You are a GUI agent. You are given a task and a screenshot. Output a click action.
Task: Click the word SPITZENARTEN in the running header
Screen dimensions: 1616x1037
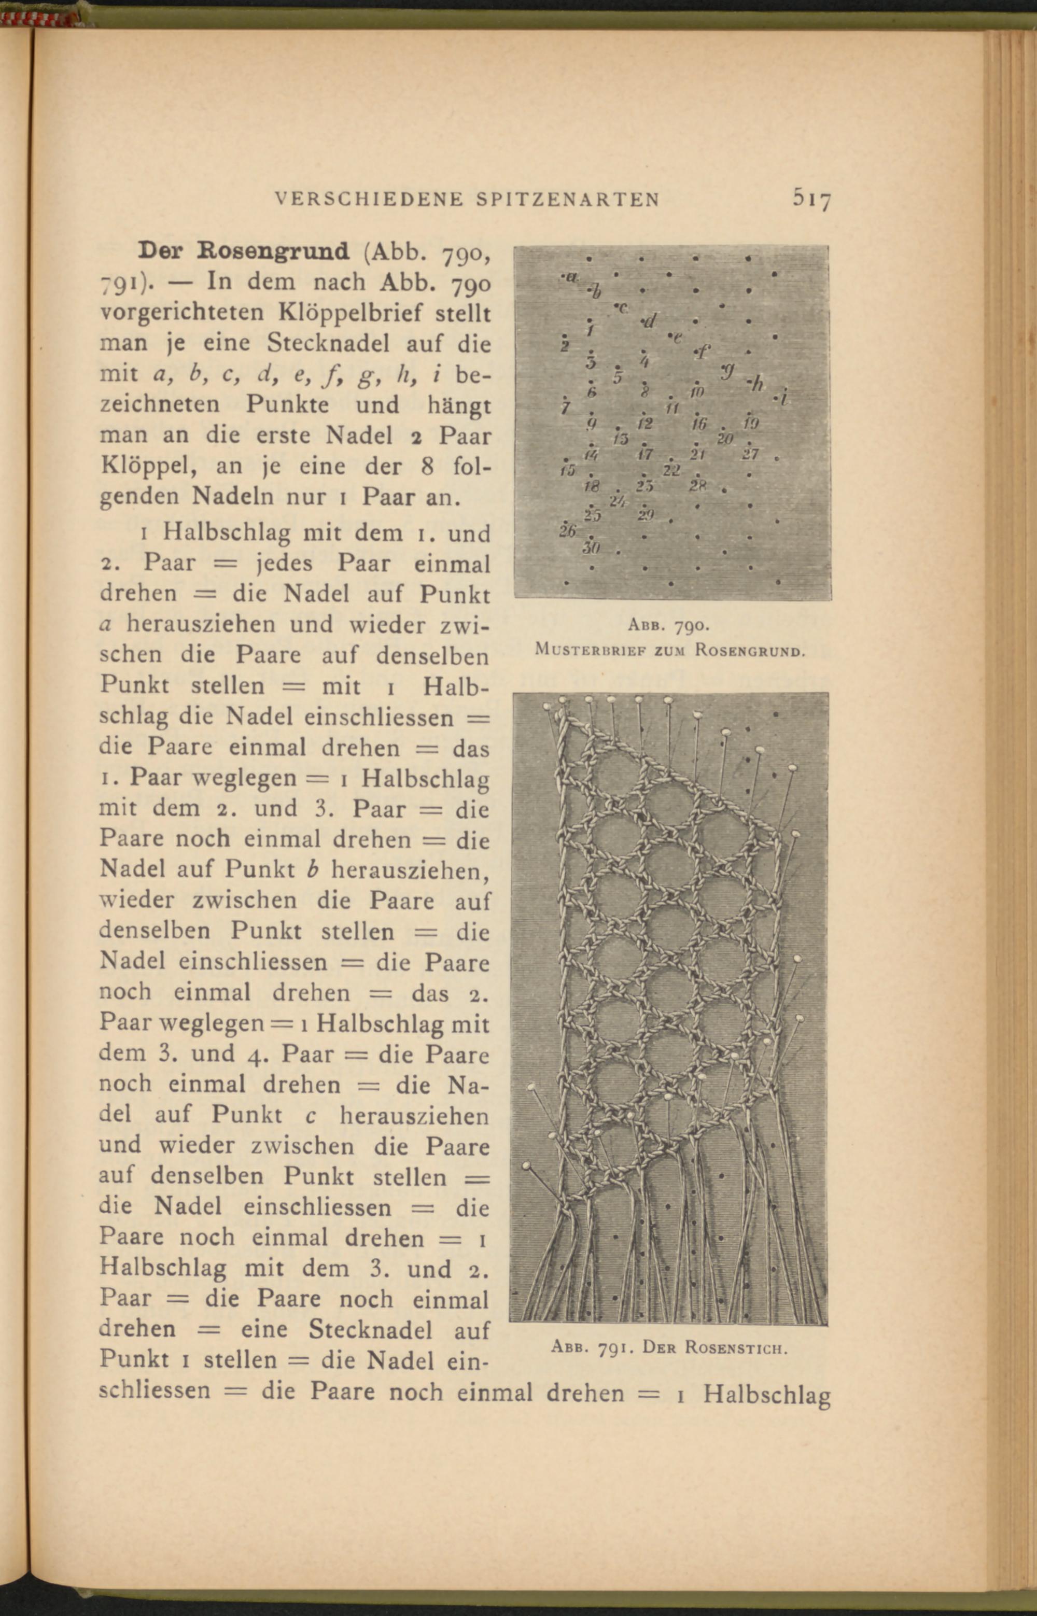coord(568,199)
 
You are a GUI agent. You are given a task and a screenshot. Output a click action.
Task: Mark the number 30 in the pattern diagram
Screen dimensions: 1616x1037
coord(591,548)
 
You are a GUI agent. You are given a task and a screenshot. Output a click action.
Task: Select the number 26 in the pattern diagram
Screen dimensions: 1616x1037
coord(567,530)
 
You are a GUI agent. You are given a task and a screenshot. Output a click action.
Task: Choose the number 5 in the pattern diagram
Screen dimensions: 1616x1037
coord(617,376)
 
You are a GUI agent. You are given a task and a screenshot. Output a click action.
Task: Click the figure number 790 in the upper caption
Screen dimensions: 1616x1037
coord(690,626)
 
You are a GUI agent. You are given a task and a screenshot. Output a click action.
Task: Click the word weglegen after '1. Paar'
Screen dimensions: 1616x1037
coord(244,778)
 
